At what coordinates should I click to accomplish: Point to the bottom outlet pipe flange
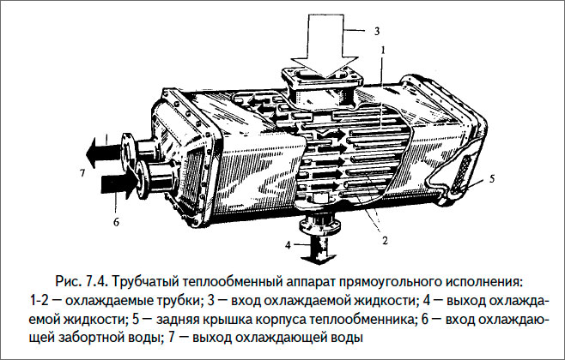pyautogui.click(x=319, y=225)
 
